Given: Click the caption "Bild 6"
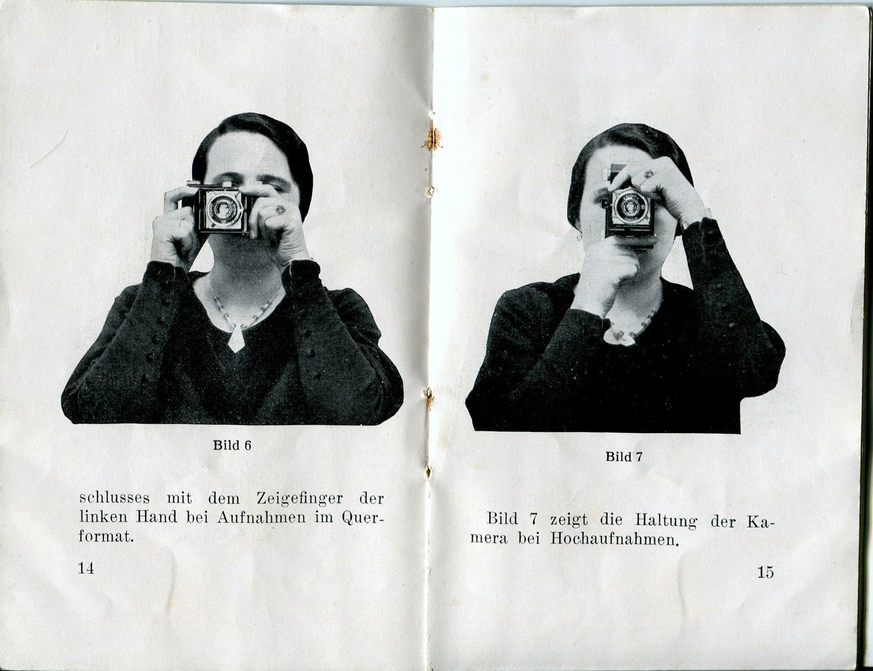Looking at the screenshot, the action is pyautogui.click(x=232, y=445).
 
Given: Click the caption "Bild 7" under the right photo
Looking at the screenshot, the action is pyautogui.click(x=624, y=457).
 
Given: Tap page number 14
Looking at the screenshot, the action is pyautogui.click(x=86, y=568).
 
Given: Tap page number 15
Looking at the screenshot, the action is pyautogui.click(x=765, y=572).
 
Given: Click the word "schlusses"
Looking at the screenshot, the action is pyautogui.click(x=114, y=498).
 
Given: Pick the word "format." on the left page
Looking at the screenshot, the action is pyautogui.click(x=105, y=537).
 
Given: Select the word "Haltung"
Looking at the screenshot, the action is pyautogui.click(x=666, y=520).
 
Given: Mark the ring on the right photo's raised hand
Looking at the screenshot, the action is pyautogui.click(x=649, y=174).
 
